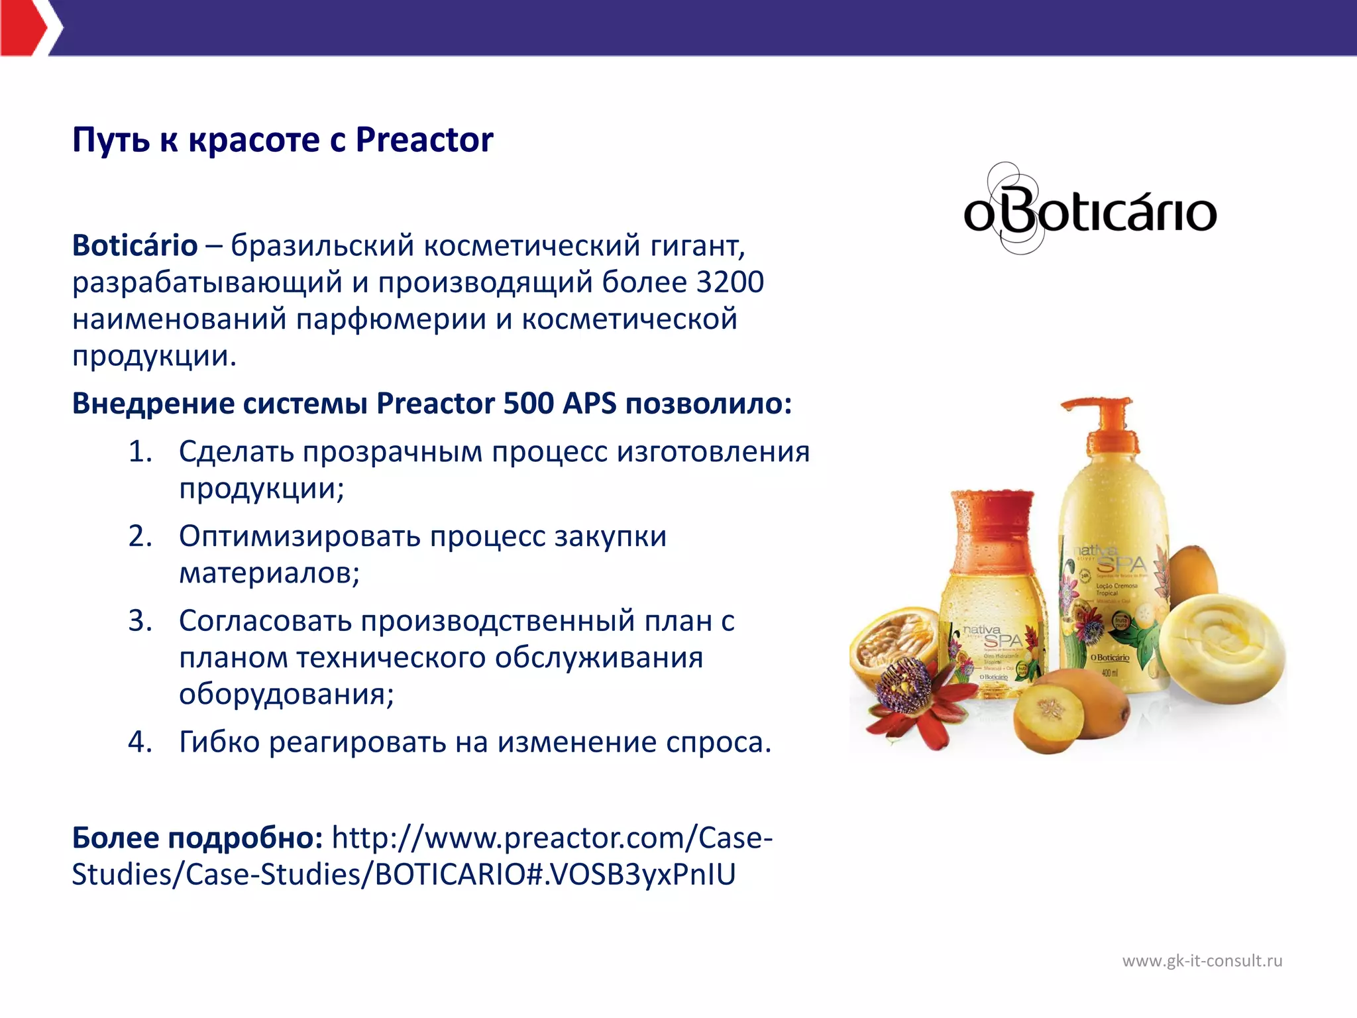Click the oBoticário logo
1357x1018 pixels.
click(1089, 211)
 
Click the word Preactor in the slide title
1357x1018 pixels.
click(424, 140)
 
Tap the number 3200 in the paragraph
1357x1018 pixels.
click(730, 282)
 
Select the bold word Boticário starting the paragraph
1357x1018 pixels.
click(135, 246)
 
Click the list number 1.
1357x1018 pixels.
click(140, 452)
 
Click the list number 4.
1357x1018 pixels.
click(140, 742)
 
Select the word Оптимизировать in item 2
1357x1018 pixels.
click(299, 536)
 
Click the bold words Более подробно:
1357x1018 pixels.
click(197, 838)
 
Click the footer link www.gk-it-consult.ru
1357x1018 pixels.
click(1202, 961)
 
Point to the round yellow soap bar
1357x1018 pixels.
click(1221, 646)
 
